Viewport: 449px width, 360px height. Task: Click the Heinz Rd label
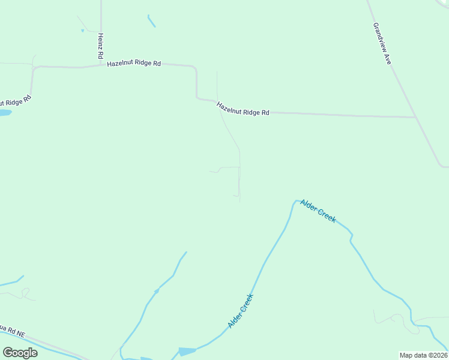101,45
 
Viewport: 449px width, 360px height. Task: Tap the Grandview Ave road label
382,44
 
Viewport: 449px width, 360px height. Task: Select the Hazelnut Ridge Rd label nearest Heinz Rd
134,63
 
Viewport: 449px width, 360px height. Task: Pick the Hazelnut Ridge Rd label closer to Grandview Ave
243,109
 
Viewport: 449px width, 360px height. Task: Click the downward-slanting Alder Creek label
318,211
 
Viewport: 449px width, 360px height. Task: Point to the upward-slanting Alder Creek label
241,310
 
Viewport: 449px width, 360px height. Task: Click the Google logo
20,352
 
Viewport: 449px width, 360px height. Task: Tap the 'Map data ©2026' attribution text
423,355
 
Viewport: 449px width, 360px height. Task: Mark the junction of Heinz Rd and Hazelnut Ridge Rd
101,64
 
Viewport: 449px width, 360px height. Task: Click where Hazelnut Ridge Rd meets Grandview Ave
415,117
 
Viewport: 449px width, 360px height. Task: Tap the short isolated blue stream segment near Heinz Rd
151,21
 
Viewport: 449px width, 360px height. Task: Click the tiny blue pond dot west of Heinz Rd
82,31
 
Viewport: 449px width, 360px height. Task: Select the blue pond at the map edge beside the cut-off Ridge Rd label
5,112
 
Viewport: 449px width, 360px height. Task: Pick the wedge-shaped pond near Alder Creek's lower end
187,351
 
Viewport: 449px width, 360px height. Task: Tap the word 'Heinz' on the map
101,41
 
